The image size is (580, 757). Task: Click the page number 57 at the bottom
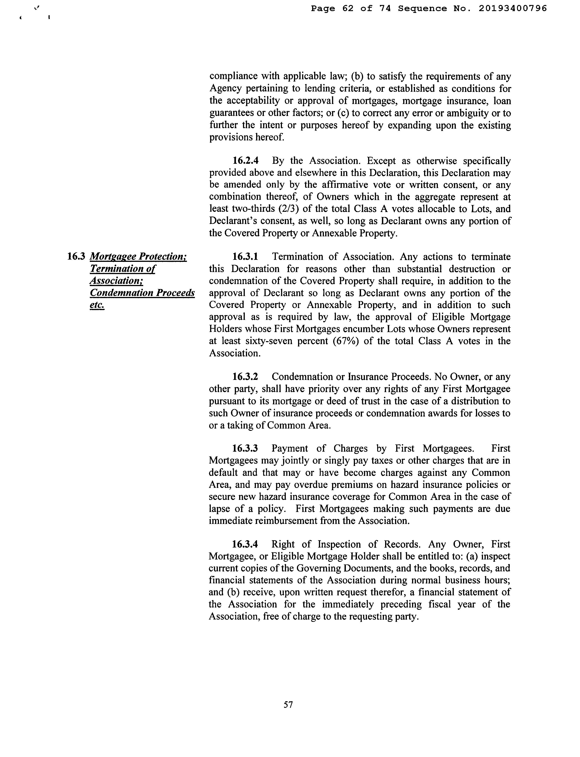tap(288, 704)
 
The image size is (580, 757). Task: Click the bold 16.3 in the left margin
tap(76, 256)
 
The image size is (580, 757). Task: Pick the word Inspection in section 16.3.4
tap(339, 544)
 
